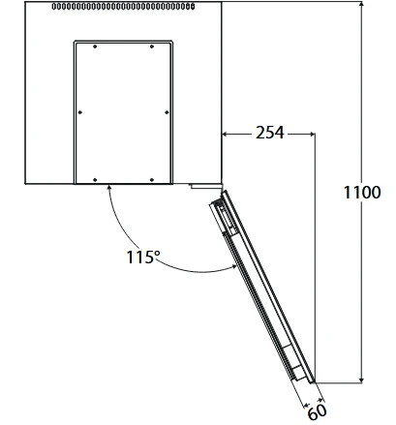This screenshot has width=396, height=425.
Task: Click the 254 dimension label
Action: [x=270, y=133]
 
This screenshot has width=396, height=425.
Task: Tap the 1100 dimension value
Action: [x=362, y=193]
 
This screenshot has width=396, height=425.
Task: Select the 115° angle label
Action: [x=142, y=258]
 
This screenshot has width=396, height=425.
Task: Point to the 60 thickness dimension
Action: [x=317, y=412]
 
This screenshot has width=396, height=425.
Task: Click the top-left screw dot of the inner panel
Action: [x=95, y=46]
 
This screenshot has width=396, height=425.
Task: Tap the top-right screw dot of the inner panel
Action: [x=152, y=46]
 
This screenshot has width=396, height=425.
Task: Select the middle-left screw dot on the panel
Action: [x=80, y=112]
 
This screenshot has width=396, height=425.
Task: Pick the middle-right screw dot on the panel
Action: [x=167, y=112]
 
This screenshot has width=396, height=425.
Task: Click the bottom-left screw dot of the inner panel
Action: [x=95, y=180]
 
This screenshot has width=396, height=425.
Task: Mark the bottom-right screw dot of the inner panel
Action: [x=152, y=180]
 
